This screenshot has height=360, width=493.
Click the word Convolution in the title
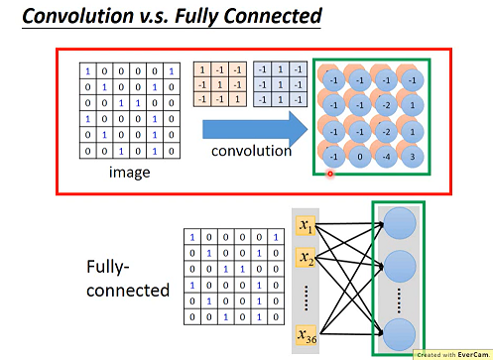coord(79,16)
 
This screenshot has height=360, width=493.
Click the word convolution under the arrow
coord(251,152)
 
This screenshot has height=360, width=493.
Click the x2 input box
coord(307,260)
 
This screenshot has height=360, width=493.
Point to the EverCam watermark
coord(452,353)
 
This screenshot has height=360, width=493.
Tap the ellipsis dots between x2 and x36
coord(308,297)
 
